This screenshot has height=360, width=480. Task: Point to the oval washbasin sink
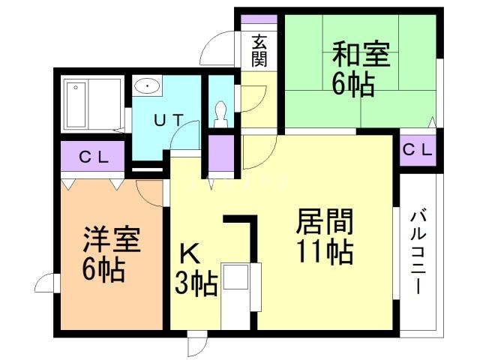148,86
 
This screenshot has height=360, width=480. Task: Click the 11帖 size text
325,253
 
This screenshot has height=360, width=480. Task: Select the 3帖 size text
196,284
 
